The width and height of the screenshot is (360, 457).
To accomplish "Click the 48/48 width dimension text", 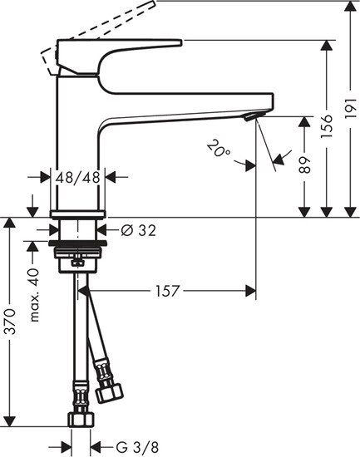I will coord(78,176).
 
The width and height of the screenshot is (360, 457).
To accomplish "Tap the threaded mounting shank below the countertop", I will coord(78,249).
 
